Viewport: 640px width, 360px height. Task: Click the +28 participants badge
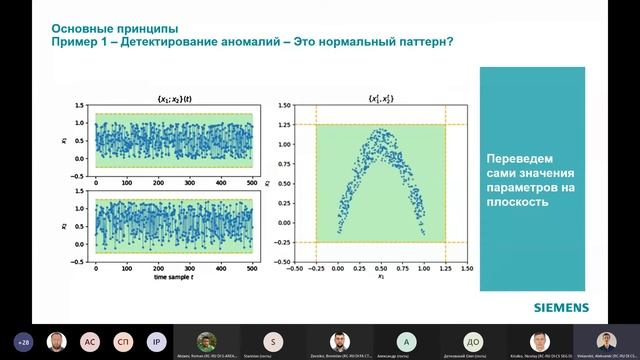pyautogui.click(x=23, y=339)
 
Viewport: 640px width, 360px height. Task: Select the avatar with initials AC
pyautogui.click(x=89, y=339)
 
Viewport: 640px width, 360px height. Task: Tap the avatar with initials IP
pyautogui.click(x=155, y=339)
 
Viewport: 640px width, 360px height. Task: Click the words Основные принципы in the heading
pyautogui.click(x=105, y=28)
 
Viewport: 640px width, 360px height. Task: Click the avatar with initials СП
pyautogui.click(x=122, y=339)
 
